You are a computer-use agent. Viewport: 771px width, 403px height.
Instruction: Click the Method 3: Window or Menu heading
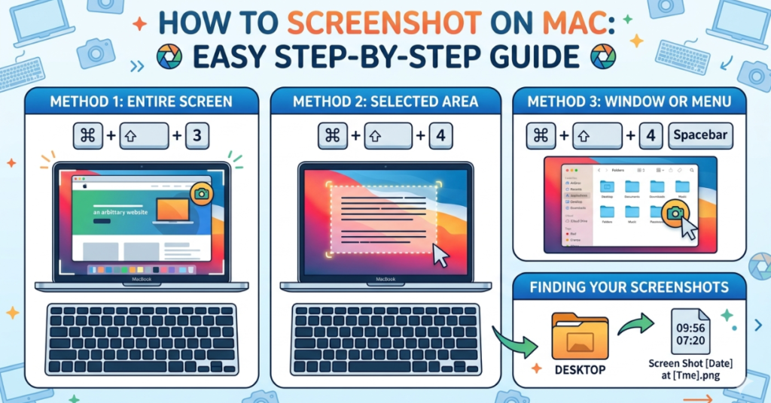click(x=629, y=100)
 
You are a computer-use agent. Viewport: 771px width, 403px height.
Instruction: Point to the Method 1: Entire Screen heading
click(x=142, y=100)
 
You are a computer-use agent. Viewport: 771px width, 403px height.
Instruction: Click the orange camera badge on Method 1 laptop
click(x=202, y=194)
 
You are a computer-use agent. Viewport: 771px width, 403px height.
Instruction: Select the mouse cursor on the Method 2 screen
click(x=440, y=256)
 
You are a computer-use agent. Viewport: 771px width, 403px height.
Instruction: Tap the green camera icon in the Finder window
click(x=675, y=214)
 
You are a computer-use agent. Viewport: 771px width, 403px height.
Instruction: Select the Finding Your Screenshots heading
click(x=629, y=287)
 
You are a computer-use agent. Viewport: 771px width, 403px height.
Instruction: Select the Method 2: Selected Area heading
click(x=385, y=100)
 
